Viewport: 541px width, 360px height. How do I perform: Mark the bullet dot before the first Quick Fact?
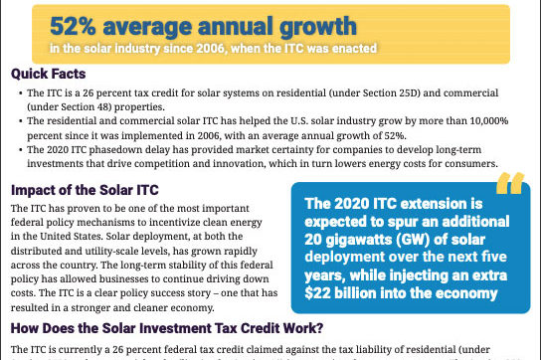point(21,92)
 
